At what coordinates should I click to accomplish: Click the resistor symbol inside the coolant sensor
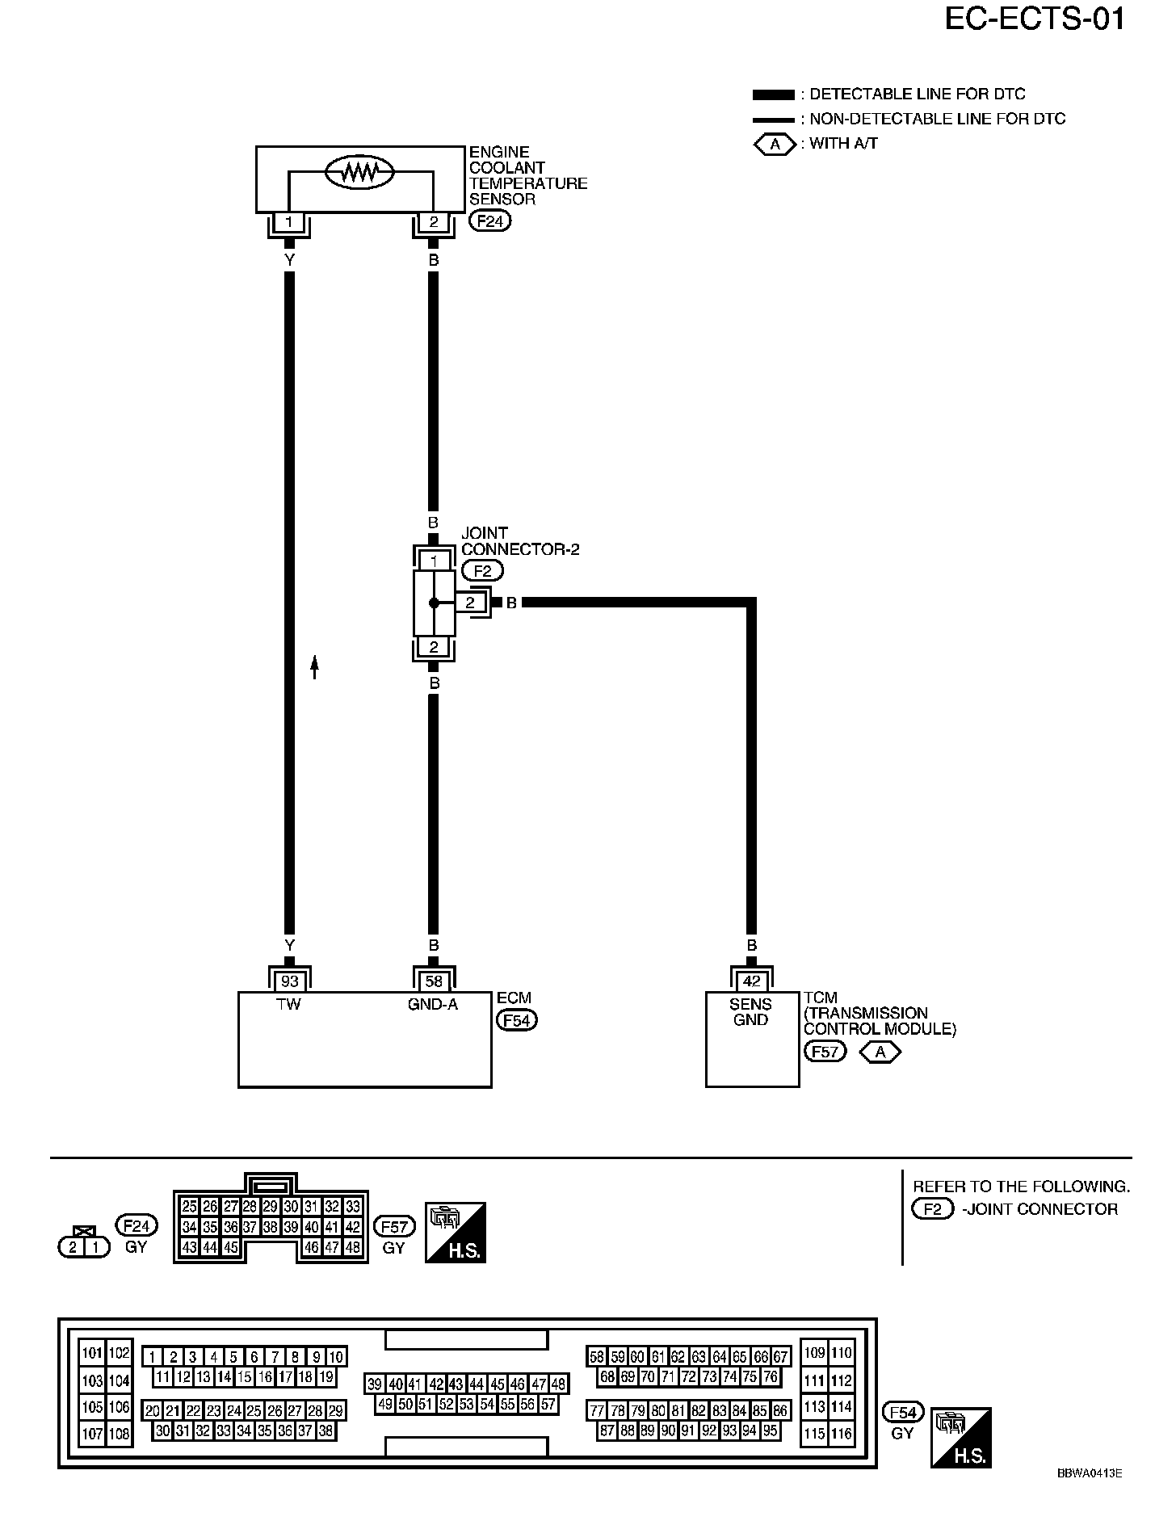tap(359, 171)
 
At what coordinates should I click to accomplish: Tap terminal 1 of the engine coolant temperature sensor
tap(289, 221)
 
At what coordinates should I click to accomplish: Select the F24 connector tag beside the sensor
tap(489, 221)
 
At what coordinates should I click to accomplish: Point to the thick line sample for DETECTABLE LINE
tap(773, 95)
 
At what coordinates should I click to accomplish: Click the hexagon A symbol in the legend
tap(775, 145)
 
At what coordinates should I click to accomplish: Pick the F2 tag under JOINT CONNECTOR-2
tap(482, 571)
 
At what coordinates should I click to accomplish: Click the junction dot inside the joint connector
tap(434, 603)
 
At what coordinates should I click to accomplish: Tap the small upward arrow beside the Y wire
tap(315, 666)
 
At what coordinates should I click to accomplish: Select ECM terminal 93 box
tap(289, 981)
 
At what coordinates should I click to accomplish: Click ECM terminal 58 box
tap(434, 981)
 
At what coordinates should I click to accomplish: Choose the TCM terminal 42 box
tap(751, 981)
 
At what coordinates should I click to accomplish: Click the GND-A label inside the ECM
tap(434, 1005)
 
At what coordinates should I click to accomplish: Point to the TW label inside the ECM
tap(289, 1005)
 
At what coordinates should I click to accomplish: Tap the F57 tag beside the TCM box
tap(825, 1052)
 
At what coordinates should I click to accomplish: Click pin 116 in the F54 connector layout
tap(842, 1434)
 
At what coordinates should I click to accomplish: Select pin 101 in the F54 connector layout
tap(92, 1353)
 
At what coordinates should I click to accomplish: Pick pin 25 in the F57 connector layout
tap(189, 1207)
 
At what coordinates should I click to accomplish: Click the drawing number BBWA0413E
tap(1089, 1473)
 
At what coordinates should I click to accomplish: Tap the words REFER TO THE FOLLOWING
tap(1021, 1187)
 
